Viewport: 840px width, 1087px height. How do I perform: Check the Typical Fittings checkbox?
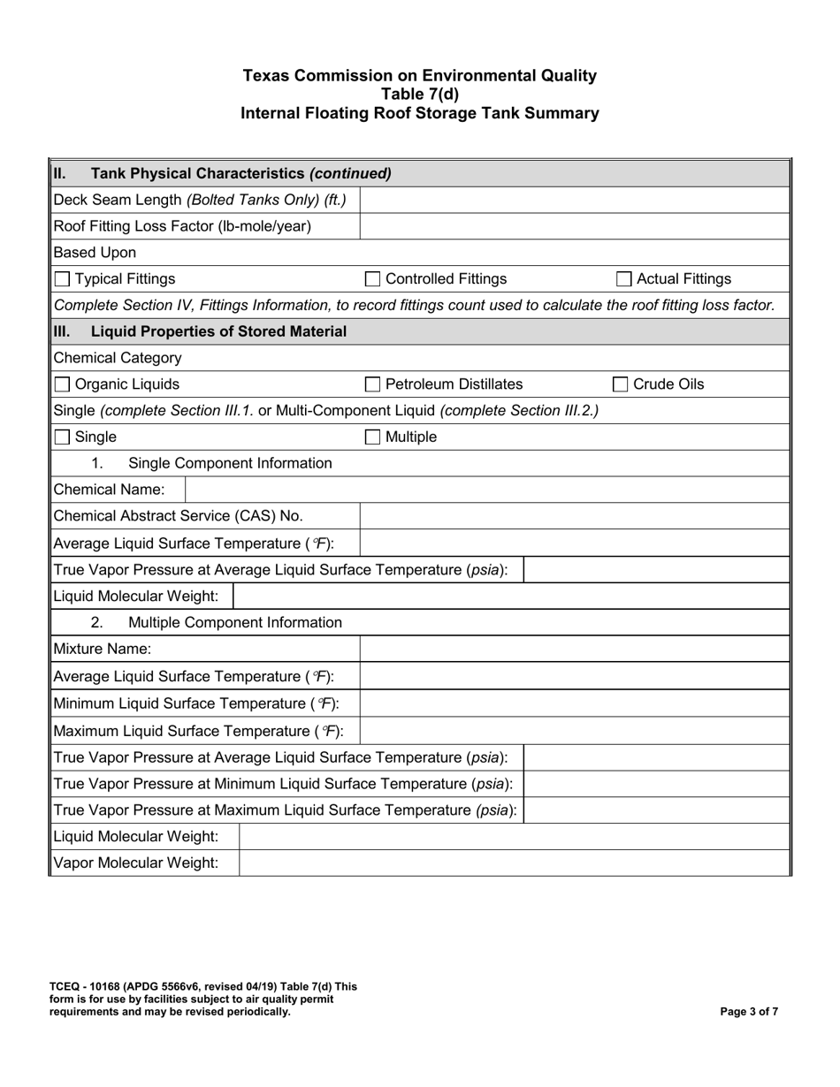(62, 279)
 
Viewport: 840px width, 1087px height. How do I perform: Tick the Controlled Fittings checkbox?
(372, 279)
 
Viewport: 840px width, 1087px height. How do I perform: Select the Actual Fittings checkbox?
(623, 279)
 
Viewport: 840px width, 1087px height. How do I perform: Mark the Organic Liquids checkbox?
(62, 384)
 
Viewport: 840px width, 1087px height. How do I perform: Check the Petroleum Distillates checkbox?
(372, 384)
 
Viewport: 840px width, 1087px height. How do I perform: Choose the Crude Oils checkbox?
(620, 384)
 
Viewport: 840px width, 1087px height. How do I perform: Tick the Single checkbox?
(62, 437)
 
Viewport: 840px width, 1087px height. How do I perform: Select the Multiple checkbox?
(372, 437)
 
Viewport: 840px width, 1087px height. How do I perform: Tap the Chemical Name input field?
(486, 490)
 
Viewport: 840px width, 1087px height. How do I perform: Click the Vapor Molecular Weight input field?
(513, 863)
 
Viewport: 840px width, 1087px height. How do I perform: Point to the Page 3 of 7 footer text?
(749, 1012)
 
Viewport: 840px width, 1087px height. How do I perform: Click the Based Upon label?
(95, 253)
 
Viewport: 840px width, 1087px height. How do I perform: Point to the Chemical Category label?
(118, 358)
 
